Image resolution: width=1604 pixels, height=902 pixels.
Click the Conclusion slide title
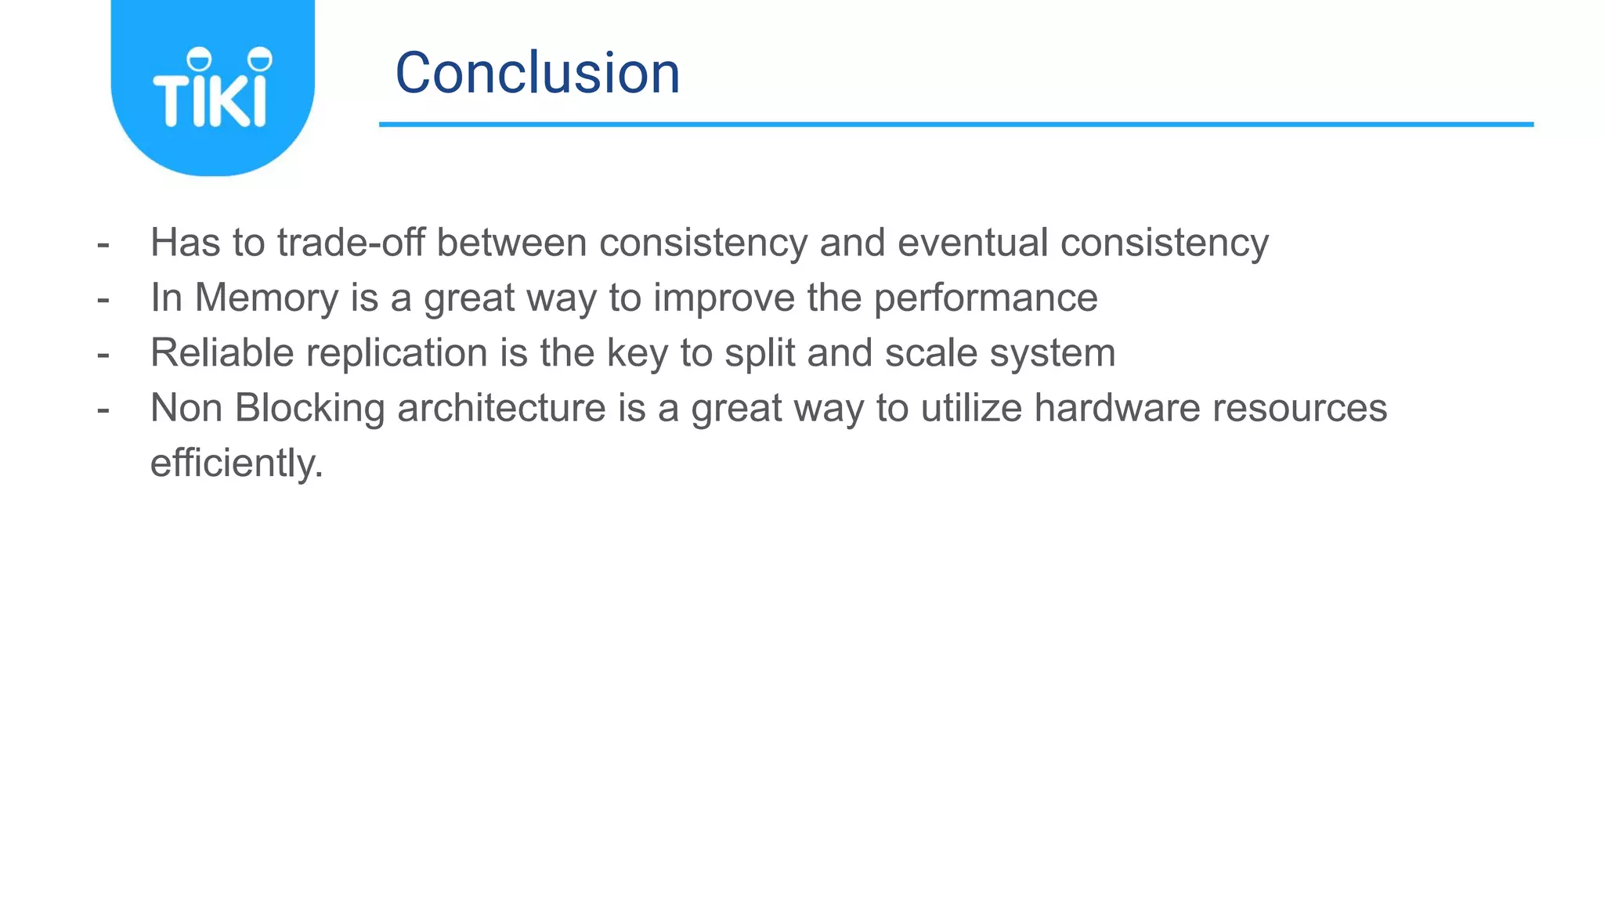(537, 73)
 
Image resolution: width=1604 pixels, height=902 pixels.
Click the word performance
(985, 298)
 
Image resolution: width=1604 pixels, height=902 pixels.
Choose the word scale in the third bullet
(931, 352)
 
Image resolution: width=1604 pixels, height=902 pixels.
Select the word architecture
(501, 408)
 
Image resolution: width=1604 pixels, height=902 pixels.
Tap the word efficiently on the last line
(236, 463)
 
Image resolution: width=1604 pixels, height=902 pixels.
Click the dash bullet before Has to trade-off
(103, 244)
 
